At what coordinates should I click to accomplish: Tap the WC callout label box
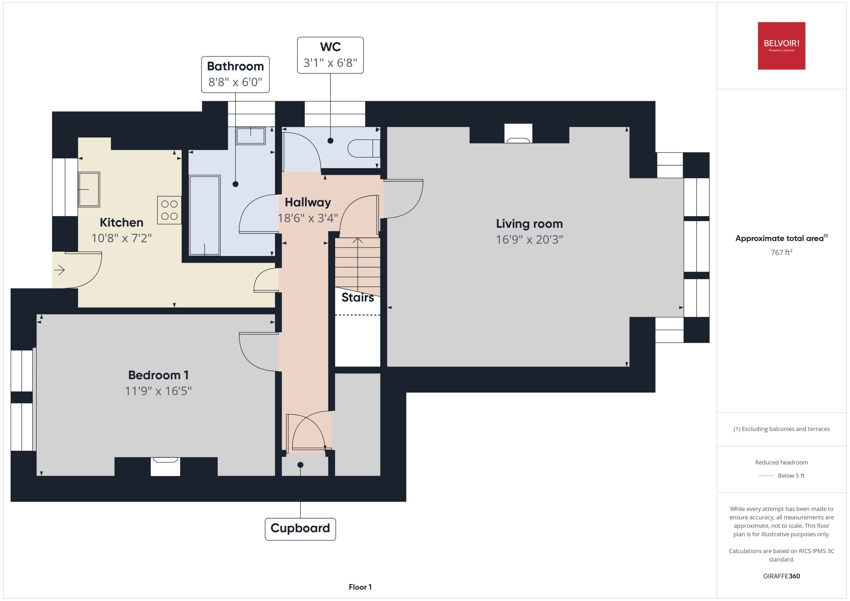(x=330, y=55)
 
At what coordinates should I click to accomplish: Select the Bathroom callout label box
(x=235, y=74)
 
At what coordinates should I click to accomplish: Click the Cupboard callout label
(x=300, y=529)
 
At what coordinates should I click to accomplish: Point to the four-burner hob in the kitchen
(x=169, y=210)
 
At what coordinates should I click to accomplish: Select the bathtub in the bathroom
(x=204, y=215)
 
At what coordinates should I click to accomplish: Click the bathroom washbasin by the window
(x=251, y=136)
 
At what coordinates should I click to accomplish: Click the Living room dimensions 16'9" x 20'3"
(x=529, y=240)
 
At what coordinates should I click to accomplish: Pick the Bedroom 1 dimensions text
(x=158, y=391)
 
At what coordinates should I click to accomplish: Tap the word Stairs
(x=357, y=297)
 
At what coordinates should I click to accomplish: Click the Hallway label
(x=308, y=202)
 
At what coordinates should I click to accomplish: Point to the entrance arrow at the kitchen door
(x=59, y=270)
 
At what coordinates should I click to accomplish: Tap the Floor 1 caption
(x=360, y=587)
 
